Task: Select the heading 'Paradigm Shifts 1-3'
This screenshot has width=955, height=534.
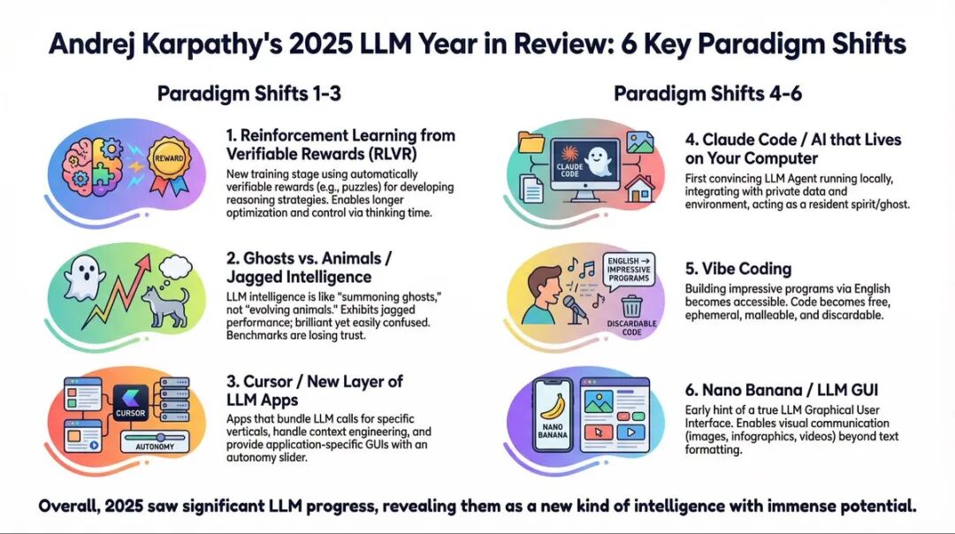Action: click(x=249, y=94)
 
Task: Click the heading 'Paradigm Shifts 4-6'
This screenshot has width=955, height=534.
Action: click(x=707, y=94)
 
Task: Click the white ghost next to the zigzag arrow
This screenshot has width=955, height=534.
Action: click(x=85, y=278)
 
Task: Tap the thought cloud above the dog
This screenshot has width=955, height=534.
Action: click(x=175, y=268)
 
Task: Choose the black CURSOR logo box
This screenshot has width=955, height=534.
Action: click(x=130, y=404)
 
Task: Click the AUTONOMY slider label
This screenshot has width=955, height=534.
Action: click(x=155, y=446)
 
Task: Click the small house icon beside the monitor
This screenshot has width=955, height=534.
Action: click(x=640, y=187)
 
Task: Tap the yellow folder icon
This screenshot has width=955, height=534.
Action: click(x=531, y=141)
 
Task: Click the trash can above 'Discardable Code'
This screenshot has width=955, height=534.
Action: click(x=631, y=306)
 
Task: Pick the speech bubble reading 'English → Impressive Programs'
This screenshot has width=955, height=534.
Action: click(x=629, y=270)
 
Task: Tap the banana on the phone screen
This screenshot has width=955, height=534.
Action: click(x=553, y=406)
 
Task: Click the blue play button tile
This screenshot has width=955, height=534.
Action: click(x=630, y=432)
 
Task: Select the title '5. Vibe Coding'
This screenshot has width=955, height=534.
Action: click(x=738, y=269)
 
